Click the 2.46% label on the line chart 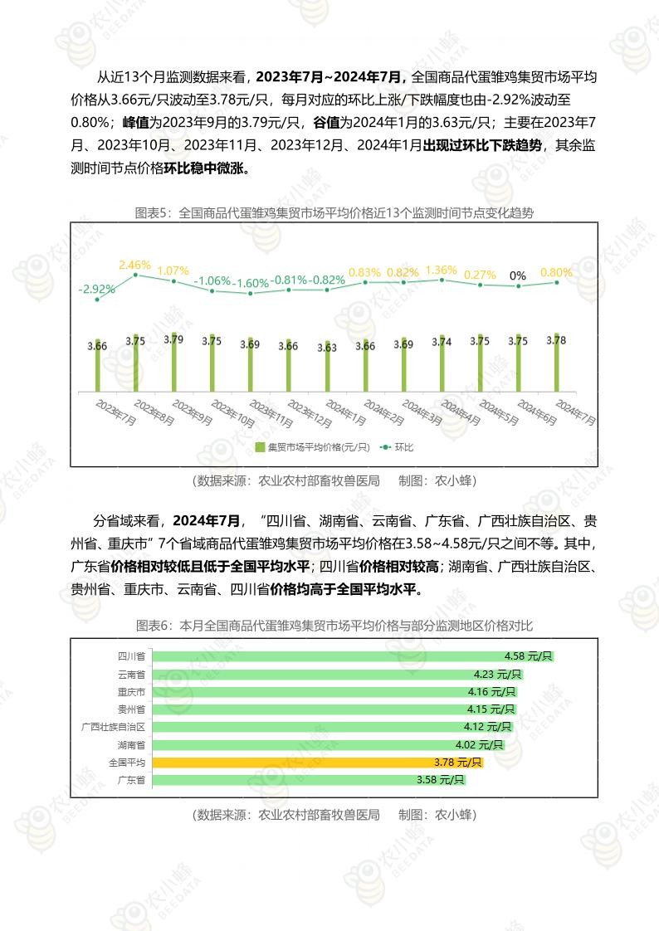coord(134,266)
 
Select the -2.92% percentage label coord(96,290)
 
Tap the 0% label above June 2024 coord(518,275)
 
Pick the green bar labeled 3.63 coord(327,370)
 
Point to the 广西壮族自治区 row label coord(113,727)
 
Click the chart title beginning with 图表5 coord(334,213)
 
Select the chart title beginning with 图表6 coord(334,625)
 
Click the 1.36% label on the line coord(441,270)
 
